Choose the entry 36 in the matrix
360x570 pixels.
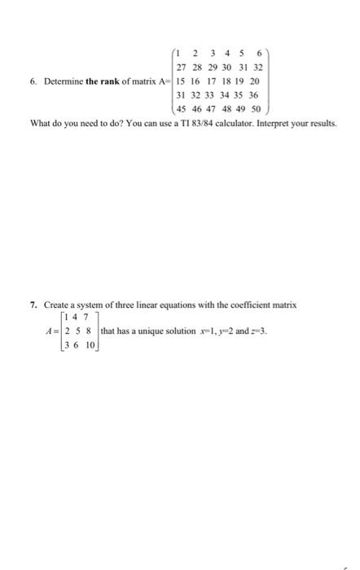253,94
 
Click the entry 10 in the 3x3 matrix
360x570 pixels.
90,345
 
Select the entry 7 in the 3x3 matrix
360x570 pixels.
87,319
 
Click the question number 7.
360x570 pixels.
33,305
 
